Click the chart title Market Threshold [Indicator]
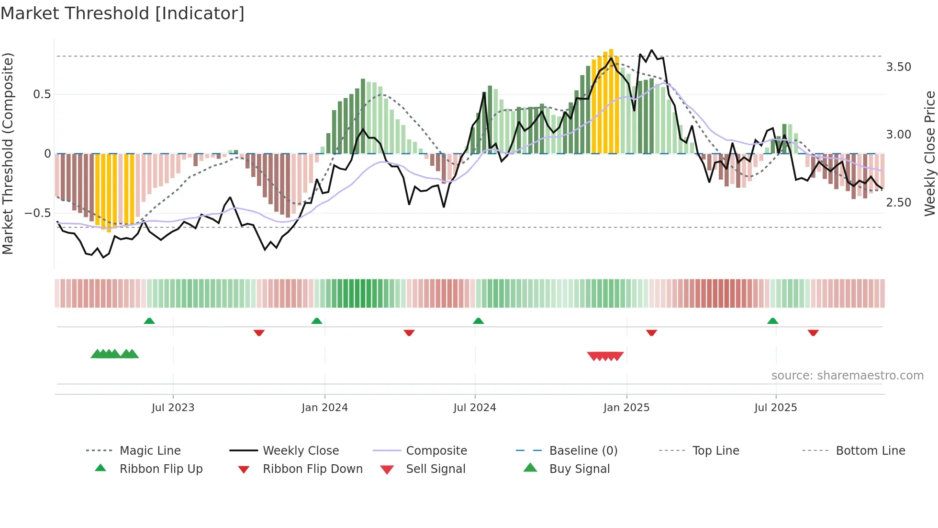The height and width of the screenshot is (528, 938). coord(123,13)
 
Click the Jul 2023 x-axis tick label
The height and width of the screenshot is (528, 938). coord(173,408)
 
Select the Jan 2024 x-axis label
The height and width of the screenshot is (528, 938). coord(324,408)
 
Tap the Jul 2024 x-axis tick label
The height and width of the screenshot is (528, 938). coord(474,408)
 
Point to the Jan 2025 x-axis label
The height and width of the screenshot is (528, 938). coord(626,408)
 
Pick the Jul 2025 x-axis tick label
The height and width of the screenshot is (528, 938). coord(775,408)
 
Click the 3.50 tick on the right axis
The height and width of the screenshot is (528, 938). coord(898,67)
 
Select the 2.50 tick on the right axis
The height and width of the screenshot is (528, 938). coord(898,203)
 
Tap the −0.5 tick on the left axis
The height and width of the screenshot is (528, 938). coord(37,213)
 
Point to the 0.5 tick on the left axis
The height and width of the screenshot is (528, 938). coord(42,94)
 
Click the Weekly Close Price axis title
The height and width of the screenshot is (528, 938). coord(929,153)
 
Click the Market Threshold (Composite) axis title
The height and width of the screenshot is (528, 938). coord(8,153)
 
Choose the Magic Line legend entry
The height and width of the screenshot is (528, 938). coord(150,451)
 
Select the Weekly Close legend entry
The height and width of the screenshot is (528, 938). coord(301,451)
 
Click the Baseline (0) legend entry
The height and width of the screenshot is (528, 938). coord(583,451)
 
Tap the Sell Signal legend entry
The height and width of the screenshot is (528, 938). coord(435,469)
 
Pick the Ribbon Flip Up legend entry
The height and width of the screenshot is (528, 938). coord(161,469)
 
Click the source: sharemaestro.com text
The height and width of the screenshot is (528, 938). coord(847,376)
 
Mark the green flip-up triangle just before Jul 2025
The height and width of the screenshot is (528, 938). coord(772,321)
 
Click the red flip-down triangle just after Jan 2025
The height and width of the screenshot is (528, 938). coord(651,333)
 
